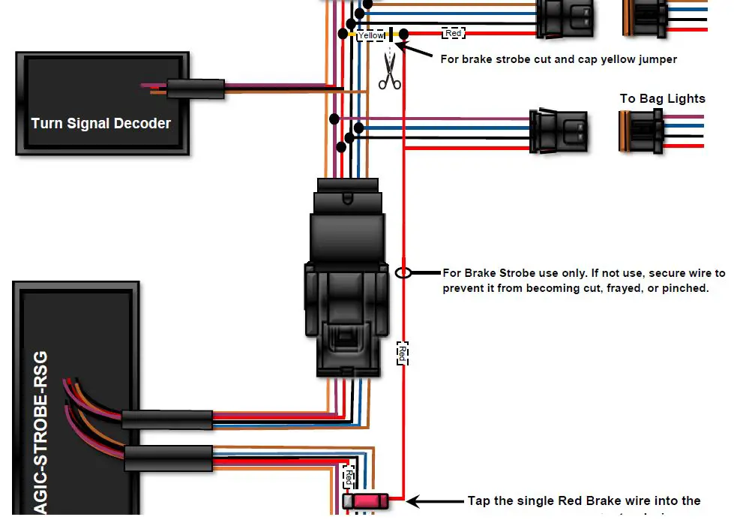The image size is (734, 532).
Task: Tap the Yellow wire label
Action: (371, 35)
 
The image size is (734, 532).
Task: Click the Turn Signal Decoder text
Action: (100, 123)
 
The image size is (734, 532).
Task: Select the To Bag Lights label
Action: (662, 98)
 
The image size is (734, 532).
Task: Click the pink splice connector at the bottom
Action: (365, 500)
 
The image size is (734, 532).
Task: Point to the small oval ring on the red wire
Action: (403, 272)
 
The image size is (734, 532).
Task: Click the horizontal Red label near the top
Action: (454, 33)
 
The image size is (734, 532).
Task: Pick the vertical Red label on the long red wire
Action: (403, 352)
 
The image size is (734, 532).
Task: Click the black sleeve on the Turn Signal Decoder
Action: (195, 89)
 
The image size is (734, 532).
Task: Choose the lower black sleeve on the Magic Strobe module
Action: (168, 457)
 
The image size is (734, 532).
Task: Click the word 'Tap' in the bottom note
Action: (480, 500)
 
